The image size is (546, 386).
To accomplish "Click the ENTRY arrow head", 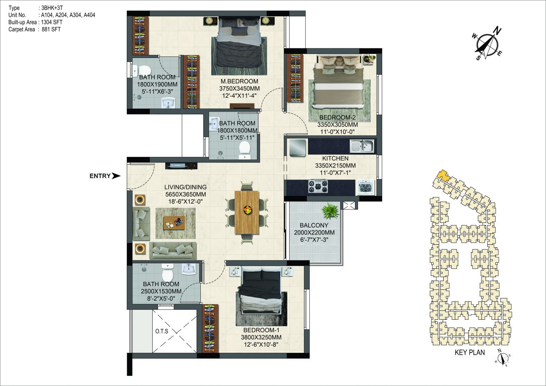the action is [116, 176].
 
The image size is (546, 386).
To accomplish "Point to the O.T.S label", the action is [162, 331].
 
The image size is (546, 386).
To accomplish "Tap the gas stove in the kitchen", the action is [318, 186].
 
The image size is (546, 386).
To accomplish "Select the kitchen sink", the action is [362, 146].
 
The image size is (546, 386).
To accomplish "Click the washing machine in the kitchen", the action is [366, 188].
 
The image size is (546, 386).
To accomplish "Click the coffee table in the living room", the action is [174, 222].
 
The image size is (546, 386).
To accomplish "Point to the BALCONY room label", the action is [314, 225].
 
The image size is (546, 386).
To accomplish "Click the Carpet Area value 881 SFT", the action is [51, 29].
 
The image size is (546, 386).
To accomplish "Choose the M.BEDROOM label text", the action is [239, 81].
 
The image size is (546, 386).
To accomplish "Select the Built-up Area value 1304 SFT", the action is [52, 22].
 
